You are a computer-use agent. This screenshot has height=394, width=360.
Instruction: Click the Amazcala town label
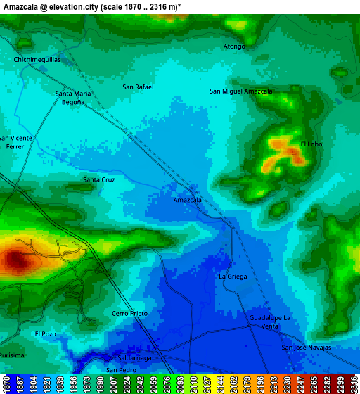(188, 200)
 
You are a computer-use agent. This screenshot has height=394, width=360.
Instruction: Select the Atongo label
(234, 46)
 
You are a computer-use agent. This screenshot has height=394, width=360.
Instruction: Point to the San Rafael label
(138, 87)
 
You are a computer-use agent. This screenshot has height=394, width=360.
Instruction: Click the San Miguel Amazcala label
(241, 91)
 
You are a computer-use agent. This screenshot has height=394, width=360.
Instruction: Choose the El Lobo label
(311, 144)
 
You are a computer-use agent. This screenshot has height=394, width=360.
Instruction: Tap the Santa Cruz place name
(99, 179)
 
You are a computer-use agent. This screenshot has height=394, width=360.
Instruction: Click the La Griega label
(233, 277)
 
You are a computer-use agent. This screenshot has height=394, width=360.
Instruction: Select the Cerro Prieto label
(130, 313)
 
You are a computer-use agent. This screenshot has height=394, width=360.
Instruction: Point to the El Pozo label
(45, 333)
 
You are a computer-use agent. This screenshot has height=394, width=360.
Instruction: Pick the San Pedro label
(121, 370)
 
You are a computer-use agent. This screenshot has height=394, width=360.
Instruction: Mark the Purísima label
(11, 356)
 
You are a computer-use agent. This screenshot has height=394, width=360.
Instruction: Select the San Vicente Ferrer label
(15, 142)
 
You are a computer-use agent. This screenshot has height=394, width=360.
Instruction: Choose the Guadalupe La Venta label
(269, 322)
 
